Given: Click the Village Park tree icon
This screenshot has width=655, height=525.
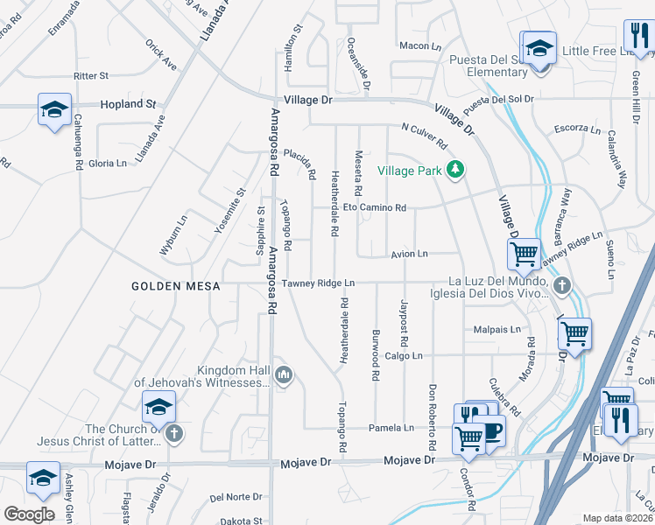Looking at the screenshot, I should pos(454,170).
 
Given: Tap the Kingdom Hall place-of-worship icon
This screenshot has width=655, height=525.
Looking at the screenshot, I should pos(283,376).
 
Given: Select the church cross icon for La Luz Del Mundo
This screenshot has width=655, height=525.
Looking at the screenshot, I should pos(561,285).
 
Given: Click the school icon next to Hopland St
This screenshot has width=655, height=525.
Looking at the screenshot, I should pos(54,110).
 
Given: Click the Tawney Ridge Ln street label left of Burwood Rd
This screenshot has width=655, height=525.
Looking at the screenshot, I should pos(318,283).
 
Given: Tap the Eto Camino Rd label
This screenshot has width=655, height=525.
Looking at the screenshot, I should pos(374,207).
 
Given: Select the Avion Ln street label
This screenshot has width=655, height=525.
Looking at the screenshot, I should pos(409,254).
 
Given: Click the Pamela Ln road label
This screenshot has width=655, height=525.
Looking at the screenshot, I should pos(396,428).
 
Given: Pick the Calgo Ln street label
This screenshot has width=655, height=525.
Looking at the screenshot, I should pos(404,356).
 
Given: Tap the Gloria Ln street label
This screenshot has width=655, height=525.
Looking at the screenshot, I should pos(108,164).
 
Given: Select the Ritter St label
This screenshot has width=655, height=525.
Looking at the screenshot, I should pos(91,76).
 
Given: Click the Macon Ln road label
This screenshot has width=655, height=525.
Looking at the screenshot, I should pos(419,45).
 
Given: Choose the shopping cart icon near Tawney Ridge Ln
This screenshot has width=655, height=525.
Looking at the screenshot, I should pos(523,254).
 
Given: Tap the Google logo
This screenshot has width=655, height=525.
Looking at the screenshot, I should pos(29,514).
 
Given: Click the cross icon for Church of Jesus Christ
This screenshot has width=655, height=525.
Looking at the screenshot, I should pos(173,433).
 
